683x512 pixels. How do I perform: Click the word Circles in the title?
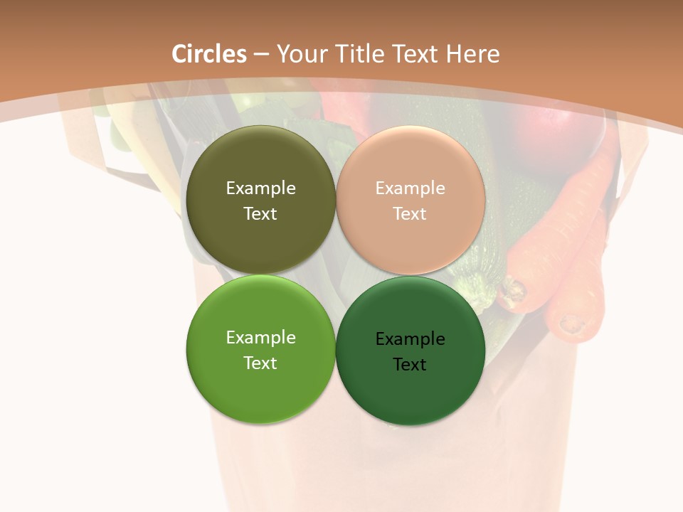(x=209, y=54)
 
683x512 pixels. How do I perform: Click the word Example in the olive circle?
(x=260, y=188)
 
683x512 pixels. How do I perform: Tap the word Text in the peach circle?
(x=410, y=213)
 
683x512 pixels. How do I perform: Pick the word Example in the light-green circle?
(x=260, y=337)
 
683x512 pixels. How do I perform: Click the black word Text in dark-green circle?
(x=410, y=364)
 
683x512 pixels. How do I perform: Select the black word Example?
(x=411, y=338)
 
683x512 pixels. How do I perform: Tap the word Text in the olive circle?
(x=260, y=213)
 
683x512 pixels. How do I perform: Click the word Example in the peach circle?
(x=411, y=188)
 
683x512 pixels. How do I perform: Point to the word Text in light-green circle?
(x=260, y=363)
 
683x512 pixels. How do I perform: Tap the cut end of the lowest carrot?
(x=571, y=324)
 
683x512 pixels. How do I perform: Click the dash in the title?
(x=261, y=54)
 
